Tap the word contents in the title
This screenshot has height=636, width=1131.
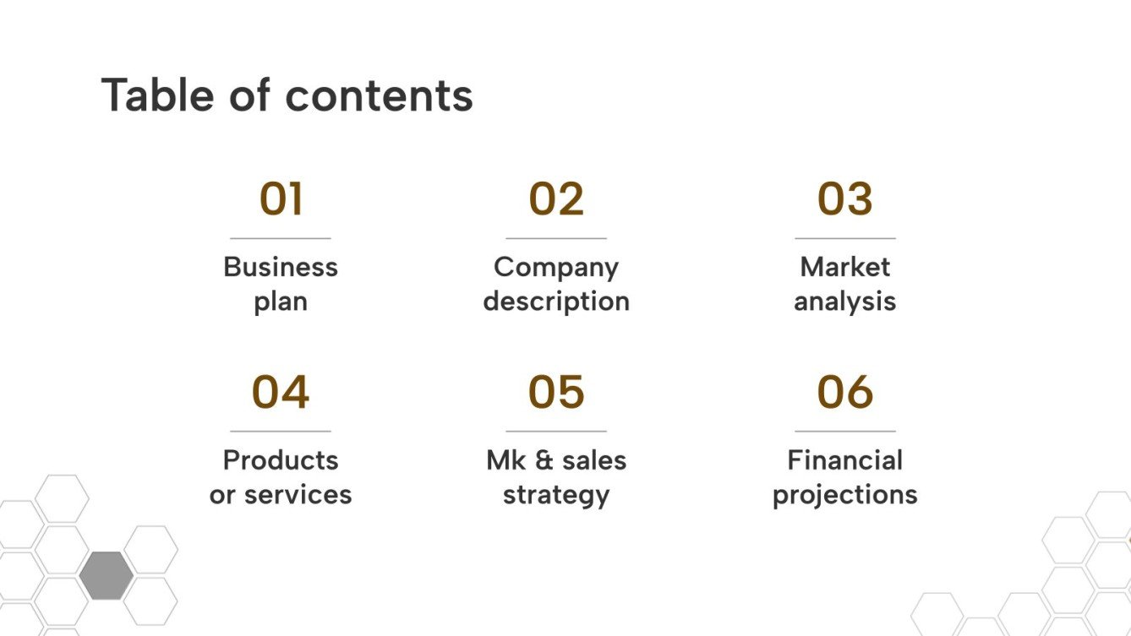(379, 96)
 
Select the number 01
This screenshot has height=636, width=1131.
(281, 199)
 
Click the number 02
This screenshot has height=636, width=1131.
(556, 199)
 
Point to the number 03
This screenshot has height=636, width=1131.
(844, 199)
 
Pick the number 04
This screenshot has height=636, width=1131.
(281, 392)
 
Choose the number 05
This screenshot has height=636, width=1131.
(556, 392)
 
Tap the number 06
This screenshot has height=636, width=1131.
(844, 392)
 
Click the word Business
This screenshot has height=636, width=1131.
(281, 267)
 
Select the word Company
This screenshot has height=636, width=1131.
(556, 269)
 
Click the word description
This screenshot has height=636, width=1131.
(556, 302)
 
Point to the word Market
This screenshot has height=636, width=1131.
(844, 267)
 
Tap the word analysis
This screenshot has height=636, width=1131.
(844, 302)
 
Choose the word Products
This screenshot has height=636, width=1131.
(281, 460)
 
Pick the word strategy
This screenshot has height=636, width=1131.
(556, 496)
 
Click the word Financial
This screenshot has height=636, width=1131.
(844, 460)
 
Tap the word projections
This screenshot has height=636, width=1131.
(844, 496)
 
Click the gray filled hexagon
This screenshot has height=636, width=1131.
(106, 575)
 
